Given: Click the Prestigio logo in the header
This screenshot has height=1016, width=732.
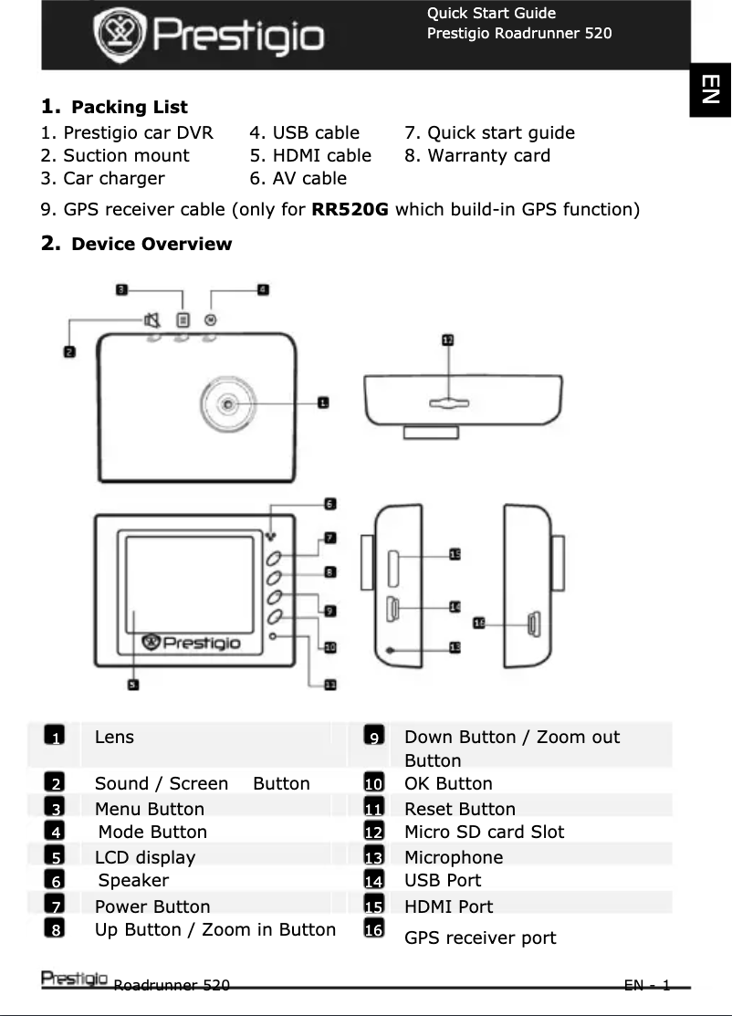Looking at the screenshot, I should pyautogui.click(x=209, y=36).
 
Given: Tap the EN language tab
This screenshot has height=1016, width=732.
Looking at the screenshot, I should pyautogui.click(x=710, y=89).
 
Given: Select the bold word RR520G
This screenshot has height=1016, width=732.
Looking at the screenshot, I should pyautogui.click(x=350, y=210).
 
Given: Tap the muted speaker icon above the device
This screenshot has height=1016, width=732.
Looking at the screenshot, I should pyautogui.click(x=152, y=319).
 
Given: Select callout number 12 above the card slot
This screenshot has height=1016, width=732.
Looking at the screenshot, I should pyautogui.click(x=447, y=340).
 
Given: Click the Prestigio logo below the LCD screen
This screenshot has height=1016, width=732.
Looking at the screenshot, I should pyautogui.click(x=192, y=644).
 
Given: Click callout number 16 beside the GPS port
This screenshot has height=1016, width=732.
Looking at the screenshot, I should pyautogui.click(x=478, y=623).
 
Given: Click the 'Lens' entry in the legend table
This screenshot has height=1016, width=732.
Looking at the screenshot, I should pyautogui.click(x=114, y=738).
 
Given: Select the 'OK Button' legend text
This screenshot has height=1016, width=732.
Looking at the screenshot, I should pyautogui.click(x=448, y=784).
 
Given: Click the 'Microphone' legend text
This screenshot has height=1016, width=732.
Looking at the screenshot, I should pyautogui.click(x=454, y=857).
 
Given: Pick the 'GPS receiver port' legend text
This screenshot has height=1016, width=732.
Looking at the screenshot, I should pyautogui.click(x=480, y=938).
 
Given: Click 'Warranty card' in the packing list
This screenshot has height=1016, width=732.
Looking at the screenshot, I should pyautogui.click(x=488, y=156).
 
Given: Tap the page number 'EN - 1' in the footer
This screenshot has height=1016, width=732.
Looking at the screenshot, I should pyautogui.click(x=647, y=985).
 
